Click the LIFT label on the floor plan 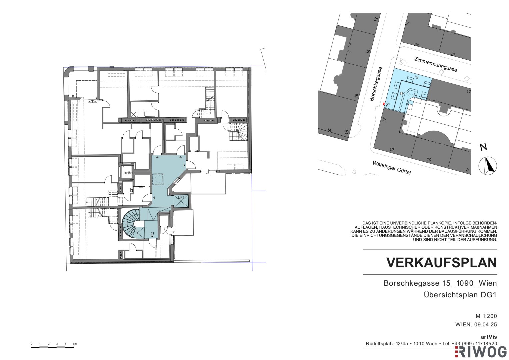[181, 197]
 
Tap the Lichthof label [128, 173]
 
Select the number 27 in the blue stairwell [152, 234]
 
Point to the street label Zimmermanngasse [435, 64]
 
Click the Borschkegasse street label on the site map [376, 84]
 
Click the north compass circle [488, 166]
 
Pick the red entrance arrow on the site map [384, 104]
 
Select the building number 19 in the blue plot [416, 77]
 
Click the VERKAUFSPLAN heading [442, 263]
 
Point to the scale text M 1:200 [486, 316]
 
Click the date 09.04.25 [486, 325]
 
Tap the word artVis [489, 337]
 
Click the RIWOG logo [482, 353]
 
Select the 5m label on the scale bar [75, 344]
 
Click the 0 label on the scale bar [32, 344]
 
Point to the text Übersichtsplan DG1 [460, 295]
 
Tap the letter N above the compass [483, 147]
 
